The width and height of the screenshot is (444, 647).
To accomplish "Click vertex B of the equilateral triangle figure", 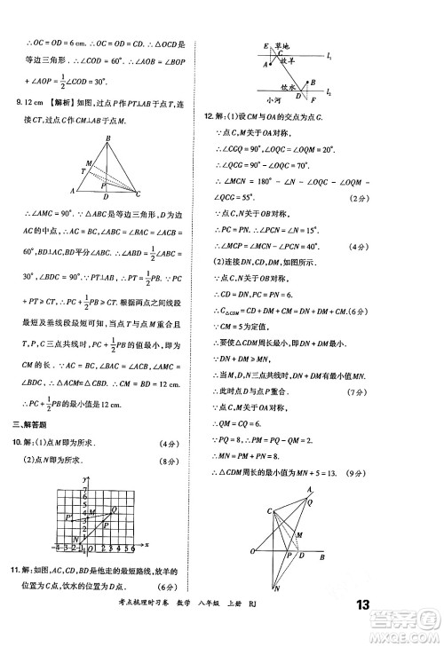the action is [108, 138].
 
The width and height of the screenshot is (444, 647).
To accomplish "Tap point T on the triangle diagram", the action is [83, 170].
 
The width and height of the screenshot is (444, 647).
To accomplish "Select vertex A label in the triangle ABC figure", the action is [72, 190].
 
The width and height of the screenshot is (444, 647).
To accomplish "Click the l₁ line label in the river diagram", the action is [329, 57].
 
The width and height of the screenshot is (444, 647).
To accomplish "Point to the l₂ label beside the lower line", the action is [329, 91].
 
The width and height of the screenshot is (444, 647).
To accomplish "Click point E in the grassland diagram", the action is [267, 44].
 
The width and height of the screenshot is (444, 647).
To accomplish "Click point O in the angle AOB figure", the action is [255, 551].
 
